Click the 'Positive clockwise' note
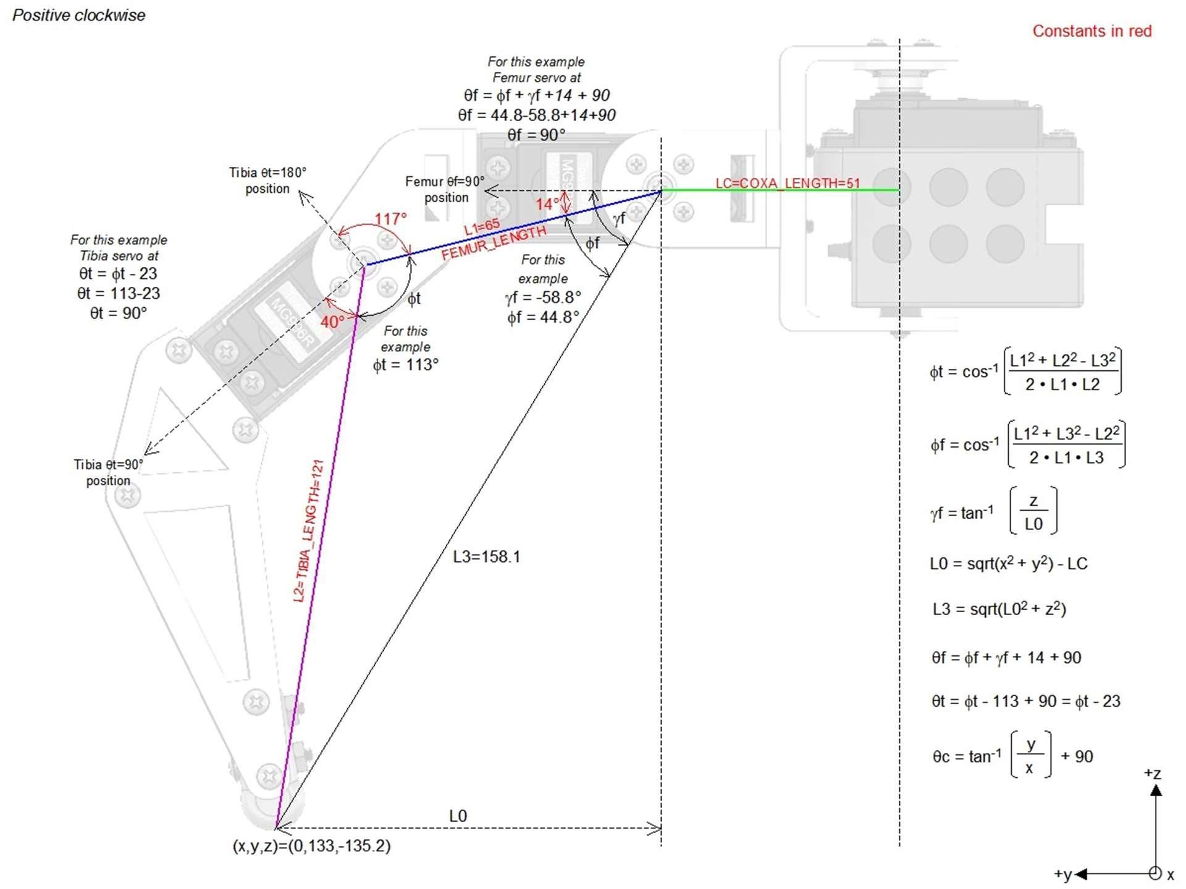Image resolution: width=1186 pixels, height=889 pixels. (79, 15)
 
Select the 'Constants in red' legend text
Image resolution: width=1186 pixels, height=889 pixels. (1091, 31)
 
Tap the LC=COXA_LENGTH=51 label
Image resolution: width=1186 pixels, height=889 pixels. (788, 183)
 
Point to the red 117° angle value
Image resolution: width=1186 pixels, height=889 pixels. (391, 219)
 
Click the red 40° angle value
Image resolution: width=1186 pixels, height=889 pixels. (332, 321)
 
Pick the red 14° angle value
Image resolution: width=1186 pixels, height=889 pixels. (547, 204)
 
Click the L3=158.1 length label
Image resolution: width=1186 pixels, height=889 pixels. (487, 556)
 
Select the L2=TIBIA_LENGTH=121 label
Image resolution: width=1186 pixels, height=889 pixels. (308, 531)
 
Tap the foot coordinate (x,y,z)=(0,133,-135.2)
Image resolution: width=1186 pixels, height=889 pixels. (311, 846)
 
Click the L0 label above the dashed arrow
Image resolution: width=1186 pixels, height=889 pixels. (458, 816)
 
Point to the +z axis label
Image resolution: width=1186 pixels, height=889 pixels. (1153, 773)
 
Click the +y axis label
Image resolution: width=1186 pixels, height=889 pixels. (1063, 874)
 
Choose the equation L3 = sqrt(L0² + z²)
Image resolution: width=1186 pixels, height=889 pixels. (999, 608)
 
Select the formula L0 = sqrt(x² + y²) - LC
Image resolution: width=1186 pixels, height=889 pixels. (1009, 563)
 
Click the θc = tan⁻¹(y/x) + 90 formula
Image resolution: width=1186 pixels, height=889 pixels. (1013, 755)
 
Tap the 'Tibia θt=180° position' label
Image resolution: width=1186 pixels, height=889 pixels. (267, 181)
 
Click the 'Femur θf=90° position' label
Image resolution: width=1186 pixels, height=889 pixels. (445, 189)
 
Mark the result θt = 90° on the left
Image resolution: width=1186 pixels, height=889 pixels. (119, 313)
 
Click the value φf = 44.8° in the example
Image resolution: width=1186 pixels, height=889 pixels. (544, 317)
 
